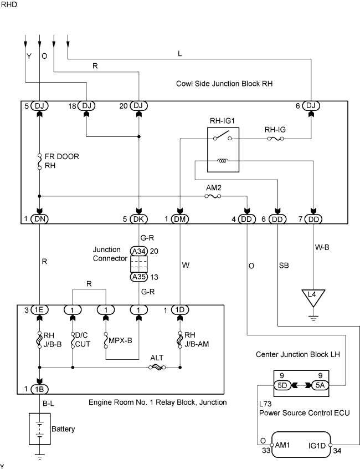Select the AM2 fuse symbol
[213, 196]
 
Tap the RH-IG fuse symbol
[275, 139]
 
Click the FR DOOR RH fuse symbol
[39, 162]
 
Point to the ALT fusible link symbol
[157, 368]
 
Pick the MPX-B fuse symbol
[106, 340]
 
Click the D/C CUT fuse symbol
[73, 340]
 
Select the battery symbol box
[39, 429]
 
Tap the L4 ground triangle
[313, 298]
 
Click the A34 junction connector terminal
[138, 251]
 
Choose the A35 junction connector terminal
[138, 277]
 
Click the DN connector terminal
[39, 219]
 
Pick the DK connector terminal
[138, 219]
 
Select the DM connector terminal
[180, 219]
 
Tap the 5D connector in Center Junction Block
[282, 385]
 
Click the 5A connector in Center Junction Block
[320, 385]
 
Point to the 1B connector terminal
[39, 389]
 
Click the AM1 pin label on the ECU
[282, 445]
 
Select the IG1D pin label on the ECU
[317, 446]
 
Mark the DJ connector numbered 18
[86, 106]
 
